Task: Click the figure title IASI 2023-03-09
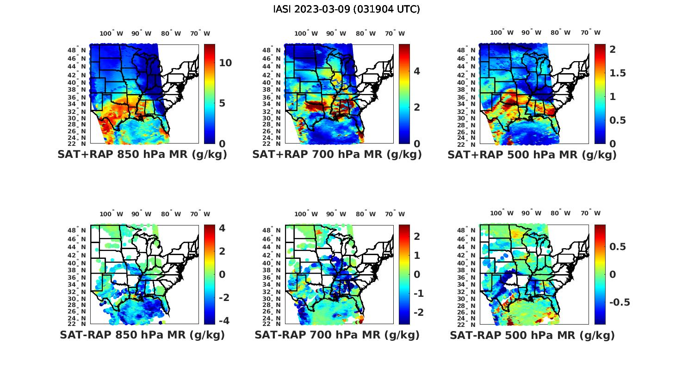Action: coord(347,9)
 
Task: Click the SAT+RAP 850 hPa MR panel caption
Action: coord(142,155)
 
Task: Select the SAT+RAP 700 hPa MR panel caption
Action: coord(337,155)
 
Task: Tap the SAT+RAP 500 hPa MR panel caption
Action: coord(532,155)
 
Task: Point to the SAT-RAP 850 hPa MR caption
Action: coord(142,335)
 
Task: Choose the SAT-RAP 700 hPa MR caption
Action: coord(337,335)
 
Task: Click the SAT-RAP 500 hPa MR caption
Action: coord(532,335)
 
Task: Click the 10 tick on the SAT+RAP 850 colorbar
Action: coord(225,63)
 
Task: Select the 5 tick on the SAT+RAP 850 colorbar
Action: coord(222,103)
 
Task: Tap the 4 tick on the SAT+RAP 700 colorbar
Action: coord(417,71)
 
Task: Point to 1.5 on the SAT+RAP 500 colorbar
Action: coord(618,73)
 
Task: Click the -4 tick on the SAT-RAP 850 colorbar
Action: coord(223,320)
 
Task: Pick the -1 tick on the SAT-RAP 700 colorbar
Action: coord(418,293)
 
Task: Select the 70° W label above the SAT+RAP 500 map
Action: coord(590,32)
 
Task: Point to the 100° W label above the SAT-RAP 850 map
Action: coord(111,213)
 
